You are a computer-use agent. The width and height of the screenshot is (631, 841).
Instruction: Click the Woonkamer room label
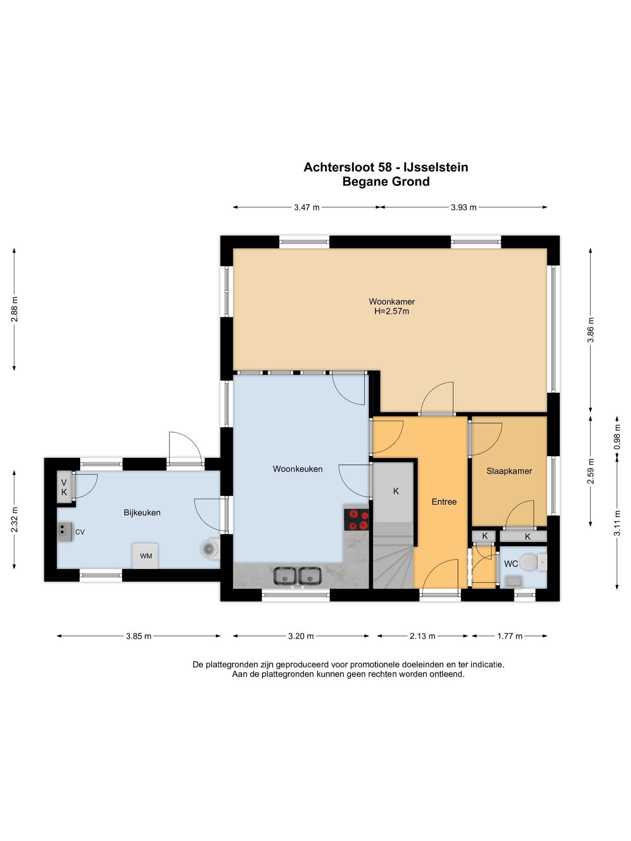tap(391, 302)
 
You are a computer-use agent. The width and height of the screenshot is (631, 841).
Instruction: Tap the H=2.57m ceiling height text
tap(391, 311)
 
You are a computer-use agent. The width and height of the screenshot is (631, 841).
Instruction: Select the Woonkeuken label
tap(298, 469)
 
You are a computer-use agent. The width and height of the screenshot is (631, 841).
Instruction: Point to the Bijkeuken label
tap(142, 512)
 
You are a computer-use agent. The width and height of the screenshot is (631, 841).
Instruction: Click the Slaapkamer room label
tap(509, 471)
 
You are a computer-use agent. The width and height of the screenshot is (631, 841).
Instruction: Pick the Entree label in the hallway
tap(444, 501)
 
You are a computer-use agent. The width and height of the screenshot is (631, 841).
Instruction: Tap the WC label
tap(511, 564)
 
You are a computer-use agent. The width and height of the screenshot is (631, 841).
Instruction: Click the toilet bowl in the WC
tap(530, 562)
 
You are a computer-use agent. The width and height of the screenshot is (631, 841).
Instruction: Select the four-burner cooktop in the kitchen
tap(356, 519)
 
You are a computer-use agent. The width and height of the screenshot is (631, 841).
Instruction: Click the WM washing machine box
tap(145, 556)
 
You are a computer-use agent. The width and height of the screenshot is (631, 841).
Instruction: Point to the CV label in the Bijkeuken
tap(80, 532)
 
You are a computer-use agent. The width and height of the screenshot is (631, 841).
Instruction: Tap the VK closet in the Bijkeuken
tap(64, 487)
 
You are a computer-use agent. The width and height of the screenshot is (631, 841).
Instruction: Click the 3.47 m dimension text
tap(306, 207)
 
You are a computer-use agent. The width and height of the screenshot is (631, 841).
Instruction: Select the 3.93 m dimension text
tap(464, 207)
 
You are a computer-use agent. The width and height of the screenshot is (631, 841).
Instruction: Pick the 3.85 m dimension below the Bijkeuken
tap(138, 636)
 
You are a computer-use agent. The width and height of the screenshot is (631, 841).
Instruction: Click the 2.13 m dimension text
tap(422, 636)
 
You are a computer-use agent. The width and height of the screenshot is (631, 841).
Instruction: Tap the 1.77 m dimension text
tap(510, 636)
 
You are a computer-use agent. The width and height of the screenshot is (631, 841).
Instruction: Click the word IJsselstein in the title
tap(436, 167)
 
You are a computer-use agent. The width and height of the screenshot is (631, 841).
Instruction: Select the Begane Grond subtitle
tap(386, 182)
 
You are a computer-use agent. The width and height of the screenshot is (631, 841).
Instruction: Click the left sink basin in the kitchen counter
tap(284, 576)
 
